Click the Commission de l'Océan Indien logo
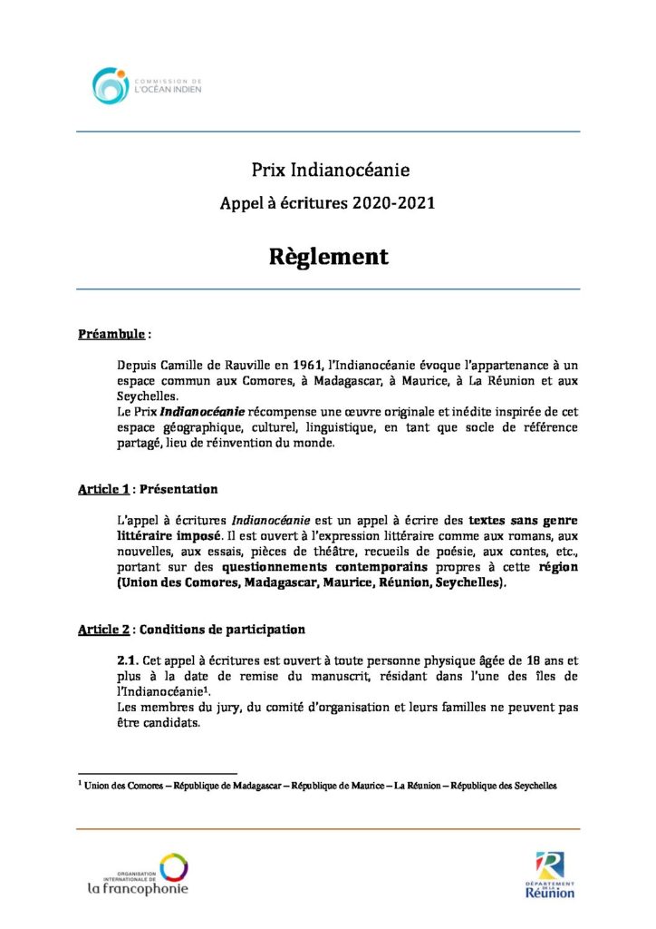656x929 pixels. click(x=147, y=85)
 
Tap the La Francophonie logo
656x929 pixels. click(x=138, y=875)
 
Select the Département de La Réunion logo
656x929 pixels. click(x=549, y=875)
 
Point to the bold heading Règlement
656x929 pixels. click(x=328, y=257)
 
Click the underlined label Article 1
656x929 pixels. click(x=102, y=489)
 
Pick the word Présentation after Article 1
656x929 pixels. click(x=177, y=489)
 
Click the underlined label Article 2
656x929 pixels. click(x=102, y=629)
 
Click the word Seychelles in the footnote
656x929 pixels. click(x=529, y=786)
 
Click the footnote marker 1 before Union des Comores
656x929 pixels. click(x=81, y=783)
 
